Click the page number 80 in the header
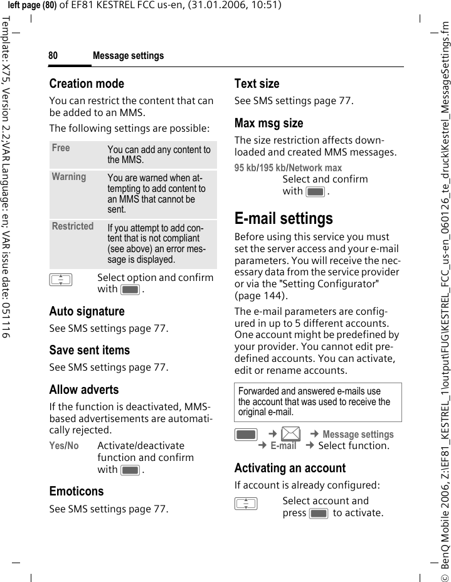click(53, 56)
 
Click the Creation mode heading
click(87, 83)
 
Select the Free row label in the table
click(61, 148)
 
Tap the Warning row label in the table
click(69, 177)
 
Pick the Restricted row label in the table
click(73, 226)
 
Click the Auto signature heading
click(87, 311)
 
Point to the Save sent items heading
click(90, 350)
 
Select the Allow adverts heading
click(84, 389)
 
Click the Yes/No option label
click(64, 446)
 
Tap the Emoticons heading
click(77, 491)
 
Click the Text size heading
click(257, 83)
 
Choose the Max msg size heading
click(268, 123)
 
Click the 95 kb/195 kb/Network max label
click(288, 167)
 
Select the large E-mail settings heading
click(284, 218)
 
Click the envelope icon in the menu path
click(290, 433)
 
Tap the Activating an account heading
click(290, 468)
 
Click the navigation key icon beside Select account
click(246, 502)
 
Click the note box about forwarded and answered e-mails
click(318, 402)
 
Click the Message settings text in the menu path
click(358, 434)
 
